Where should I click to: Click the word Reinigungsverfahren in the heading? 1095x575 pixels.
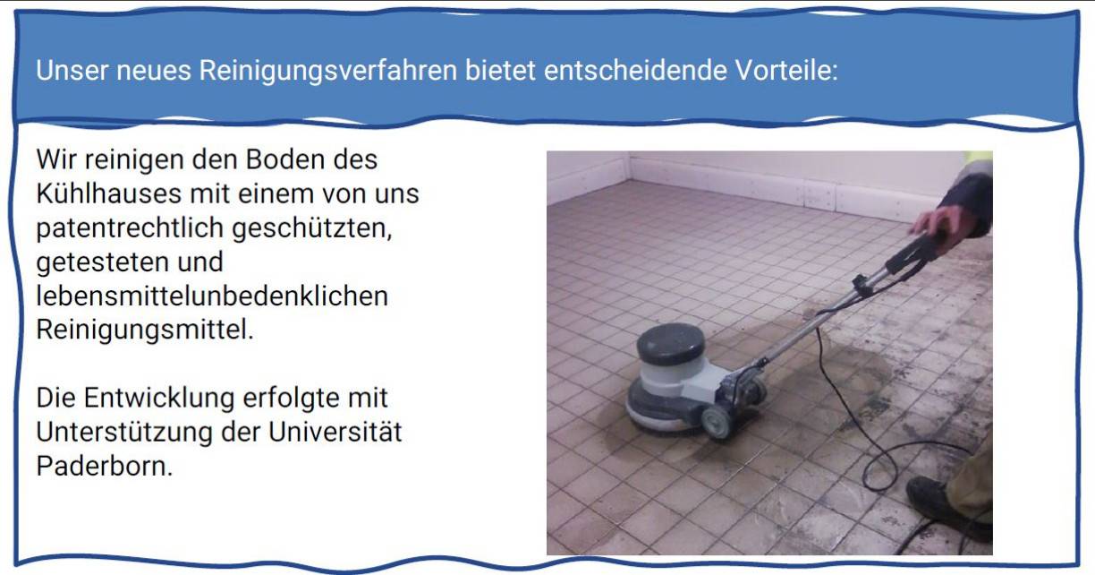(328, 71)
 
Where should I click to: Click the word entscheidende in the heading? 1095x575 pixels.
(635, 70)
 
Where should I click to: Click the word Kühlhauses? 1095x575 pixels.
(109, 193)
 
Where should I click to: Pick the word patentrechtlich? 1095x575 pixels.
(130, 228)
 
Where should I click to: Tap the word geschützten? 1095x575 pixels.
(312, 228)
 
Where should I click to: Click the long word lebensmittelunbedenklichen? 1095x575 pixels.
(212, 296)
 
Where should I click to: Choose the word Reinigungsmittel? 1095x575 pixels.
(145, 330)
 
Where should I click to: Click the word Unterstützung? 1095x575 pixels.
(124, 433)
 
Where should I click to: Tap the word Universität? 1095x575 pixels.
(335, 432)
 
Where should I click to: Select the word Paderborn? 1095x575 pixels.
(105, 467)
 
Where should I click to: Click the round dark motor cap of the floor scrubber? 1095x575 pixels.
(671, 343)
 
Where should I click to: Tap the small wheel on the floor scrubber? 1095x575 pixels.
(717, 421)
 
